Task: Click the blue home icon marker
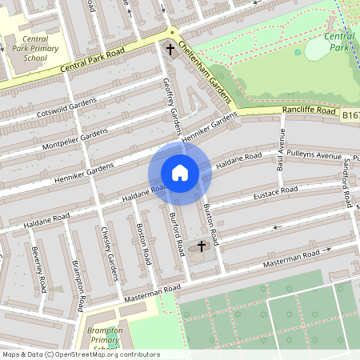click(x=179, y=172)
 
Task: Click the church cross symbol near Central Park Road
click(x=170, y=50)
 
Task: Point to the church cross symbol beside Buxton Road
click(x=201, y=246)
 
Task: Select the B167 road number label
click(x=350, y=116)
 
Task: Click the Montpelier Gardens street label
click(x=71, y=138)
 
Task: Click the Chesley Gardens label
click(x=109, y=252)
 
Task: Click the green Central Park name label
click(x=339, y=42)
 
